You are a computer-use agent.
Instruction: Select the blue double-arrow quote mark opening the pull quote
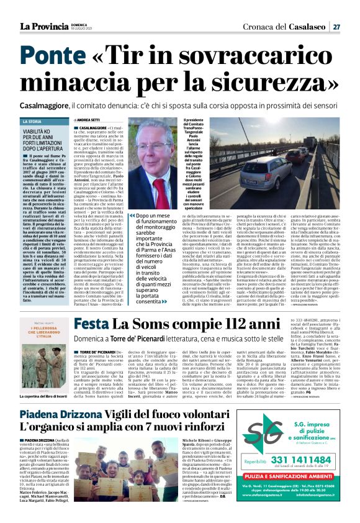pos(132,216)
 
